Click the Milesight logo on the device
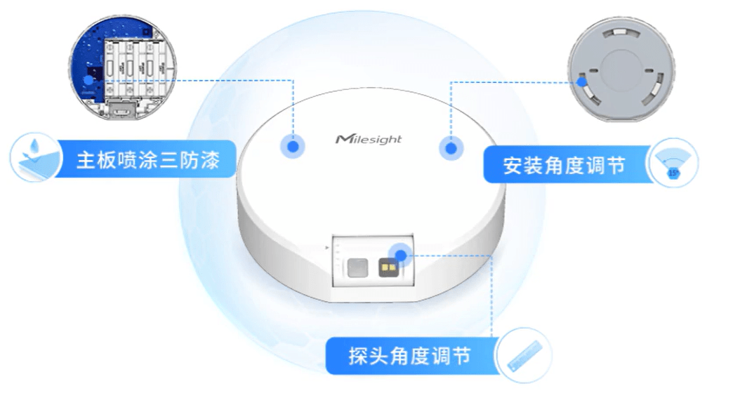(369, 138)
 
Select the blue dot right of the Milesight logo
(450, 149)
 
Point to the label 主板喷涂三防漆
(148, 161)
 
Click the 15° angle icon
(673, 163)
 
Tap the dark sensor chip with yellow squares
(387, 267)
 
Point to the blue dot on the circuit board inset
(88, 80)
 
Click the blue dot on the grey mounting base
(581, 81)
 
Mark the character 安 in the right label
(513, 166)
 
